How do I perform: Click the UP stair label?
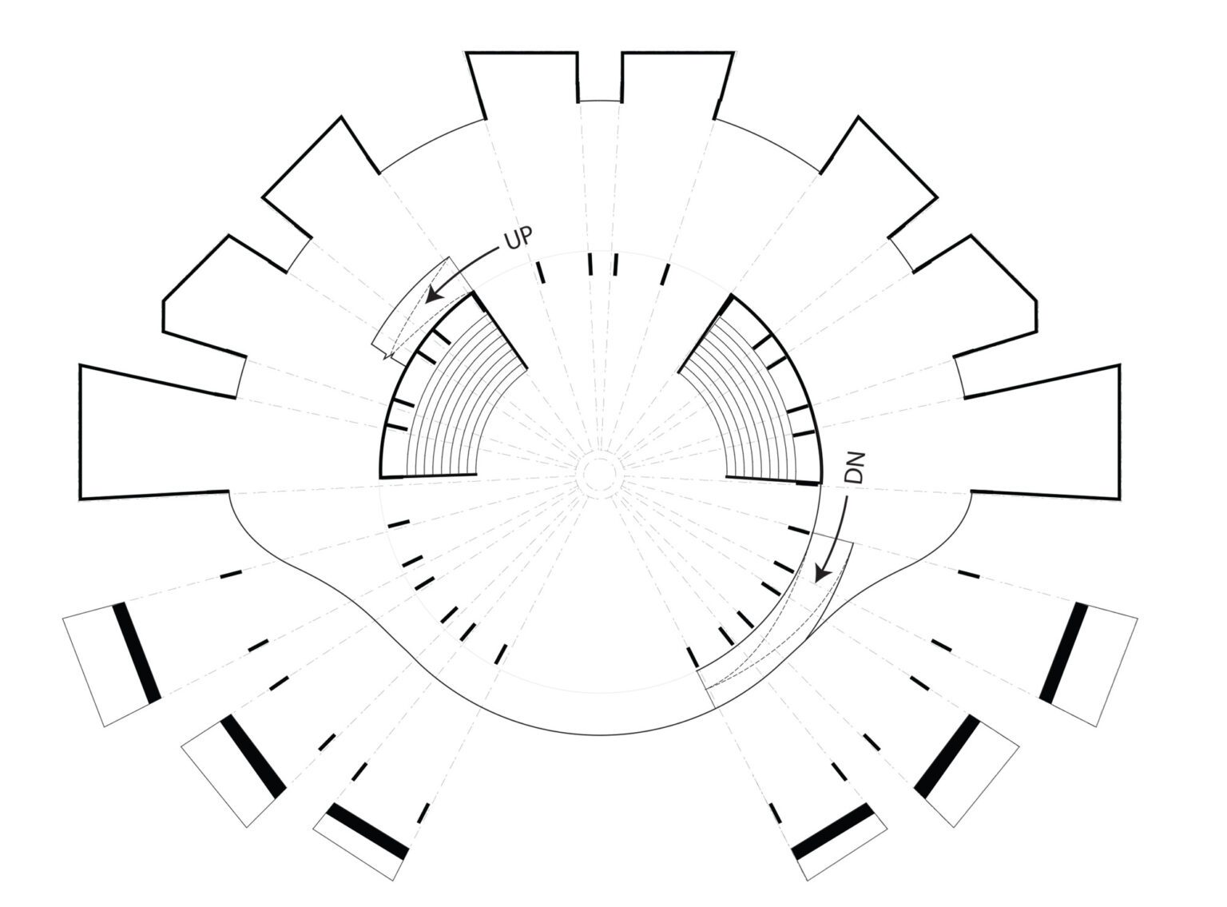[x=518, y=237]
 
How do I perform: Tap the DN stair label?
[x=855, y=468]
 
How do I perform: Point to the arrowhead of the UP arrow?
[x=435, y=294]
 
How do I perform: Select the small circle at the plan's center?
[x=599, y=474]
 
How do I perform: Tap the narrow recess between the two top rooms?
[x=600, y=77]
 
